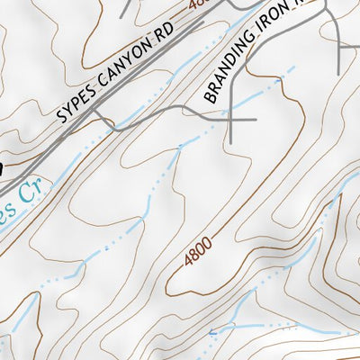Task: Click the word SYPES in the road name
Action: [x=76, y=105]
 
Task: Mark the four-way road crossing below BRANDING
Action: [x=231, y=118]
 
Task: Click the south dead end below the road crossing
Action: [x=231, y=142]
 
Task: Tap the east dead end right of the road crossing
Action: [x=256, y=118]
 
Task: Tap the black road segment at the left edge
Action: [x=3, y=166]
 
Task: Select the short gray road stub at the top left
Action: [x=126, y=9]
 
